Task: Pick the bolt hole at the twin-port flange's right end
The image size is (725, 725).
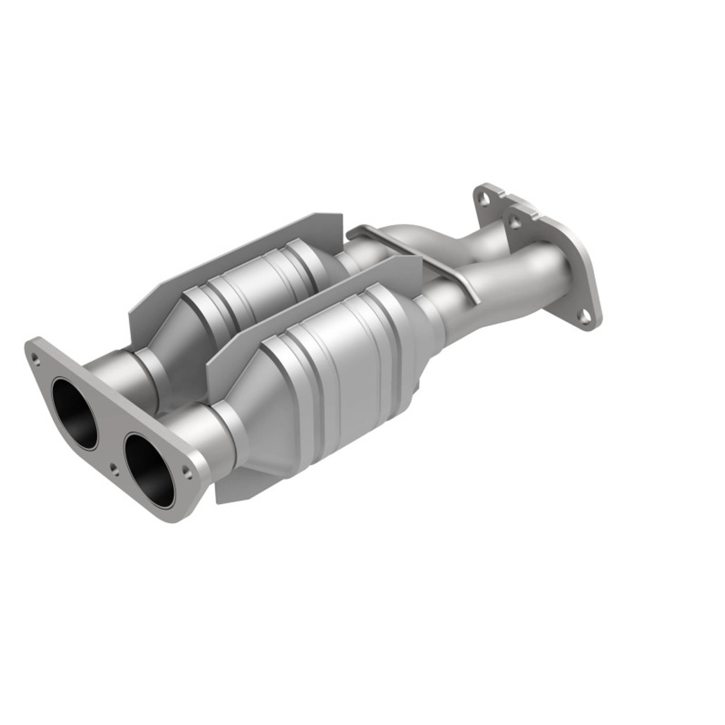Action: coord(186,469)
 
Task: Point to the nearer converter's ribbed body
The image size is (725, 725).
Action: coord(340,362)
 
